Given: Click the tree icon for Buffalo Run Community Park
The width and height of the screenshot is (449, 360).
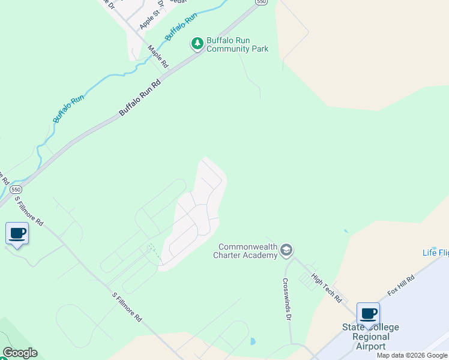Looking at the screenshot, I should tap(197, 43).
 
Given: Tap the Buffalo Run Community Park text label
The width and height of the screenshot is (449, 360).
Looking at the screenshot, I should tap(237, 44).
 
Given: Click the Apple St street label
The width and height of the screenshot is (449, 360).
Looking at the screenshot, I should tap(150, 19).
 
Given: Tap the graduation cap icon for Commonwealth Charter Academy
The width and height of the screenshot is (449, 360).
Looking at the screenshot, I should tap(286, 250).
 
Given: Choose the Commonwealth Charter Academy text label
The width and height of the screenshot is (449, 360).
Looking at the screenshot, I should tap(246, 251).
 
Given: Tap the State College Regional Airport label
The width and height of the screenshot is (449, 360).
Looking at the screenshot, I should tap(370, 337).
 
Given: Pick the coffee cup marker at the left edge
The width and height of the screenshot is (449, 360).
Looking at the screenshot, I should tap(17, 233).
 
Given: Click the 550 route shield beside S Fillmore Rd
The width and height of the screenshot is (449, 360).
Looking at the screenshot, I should tap(16, 190).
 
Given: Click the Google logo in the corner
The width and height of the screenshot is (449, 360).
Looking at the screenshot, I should tap(20, 353).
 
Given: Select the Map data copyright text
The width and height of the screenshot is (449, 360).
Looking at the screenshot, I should tap(412, 355).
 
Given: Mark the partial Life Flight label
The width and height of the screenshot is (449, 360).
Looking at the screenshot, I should tap(435, 252).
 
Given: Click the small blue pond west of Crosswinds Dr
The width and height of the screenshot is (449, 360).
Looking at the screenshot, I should tap(252, 342).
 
